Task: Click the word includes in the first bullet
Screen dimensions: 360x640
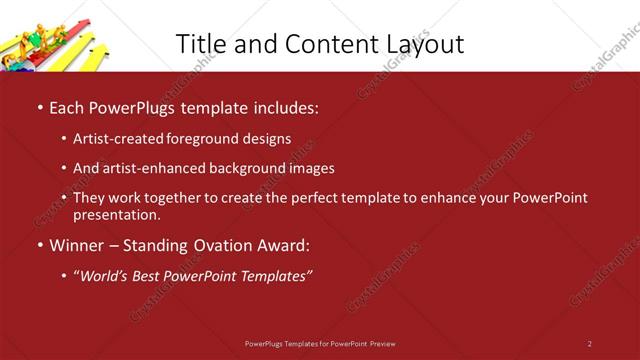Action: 284,106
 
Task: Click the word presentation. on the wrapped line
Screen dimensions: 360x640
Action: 117,214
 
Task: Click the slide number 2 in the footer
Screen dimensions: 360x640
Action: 590,343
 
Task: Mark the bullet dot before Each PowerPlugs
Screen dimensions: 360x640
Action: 39,107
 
